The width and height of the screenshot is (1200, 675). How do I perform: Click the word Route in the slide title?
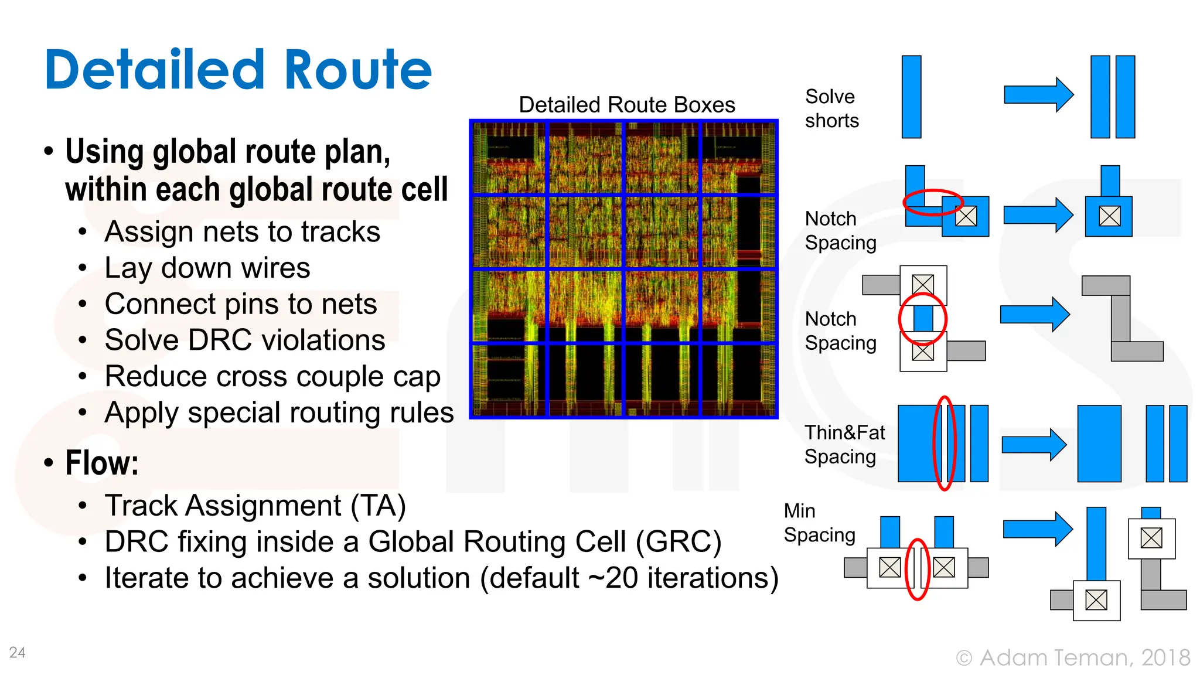coord(357,70)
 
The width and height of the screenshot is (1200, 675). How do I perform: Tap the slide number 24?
coord(17,652)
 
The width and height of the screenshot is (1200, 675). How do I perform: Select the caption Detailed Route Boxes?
coord(626,105)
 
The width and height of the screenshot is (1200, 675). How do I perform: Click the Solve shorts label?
coord(831,108)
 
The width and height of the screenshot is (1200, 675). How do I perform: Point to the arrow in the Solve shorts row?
coord(1038,94)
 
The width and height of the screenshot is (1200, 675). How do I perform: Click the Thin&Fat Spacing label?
coord(844,444)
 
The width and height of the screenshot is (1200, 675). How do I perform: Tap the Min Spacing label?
coord(819,523)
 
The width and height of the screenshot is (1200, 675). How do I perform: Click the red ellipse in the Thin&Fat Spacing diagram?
coord(944,443)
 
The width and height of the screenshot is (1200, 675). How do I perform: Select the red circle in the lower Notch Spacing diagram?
coord(923,319)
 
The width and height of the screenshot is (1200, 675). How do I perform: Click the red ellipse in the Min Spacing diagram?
coord(918,569)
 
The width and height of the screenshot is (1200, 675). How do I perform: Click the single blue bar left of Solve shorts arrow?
coord(911,97)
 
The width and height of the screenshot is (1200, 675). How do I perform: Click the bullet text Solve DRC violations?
coord(244,340)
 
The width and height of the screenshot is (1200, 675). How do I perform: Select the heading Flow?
coord(102,463)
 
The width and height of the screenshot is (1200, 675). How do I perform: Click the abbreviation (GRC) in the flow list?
coord(679,541)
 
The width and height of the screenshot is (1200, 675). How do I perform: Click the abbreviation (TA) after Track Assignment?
coord(378,505)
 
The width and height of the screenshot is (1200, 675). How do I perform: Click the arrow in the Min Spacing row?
coord(1037,529)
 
